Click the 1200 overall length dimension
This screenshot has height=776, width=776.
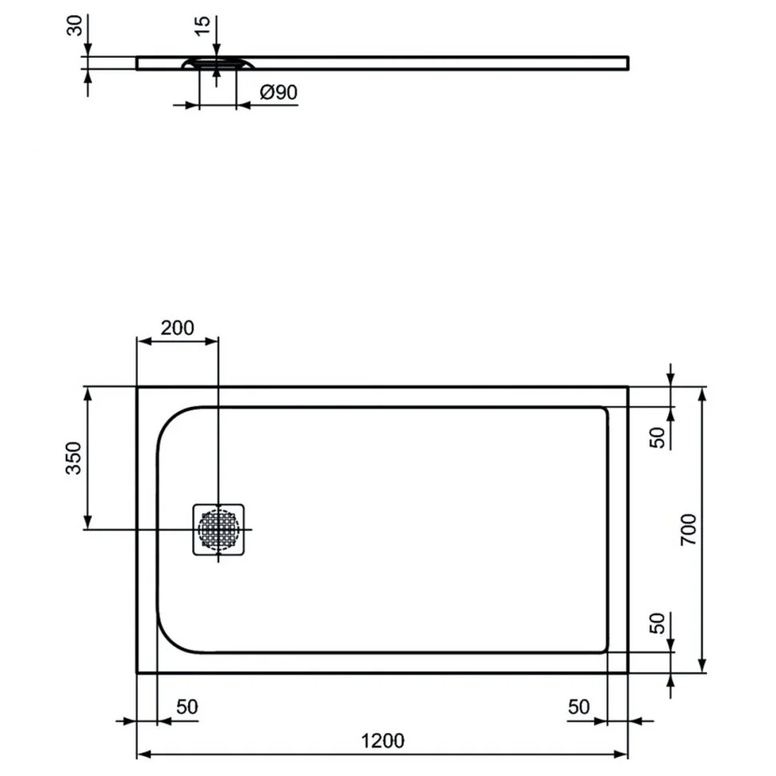point(382,741)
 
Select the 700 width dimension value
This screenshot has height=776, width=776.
point(689,530)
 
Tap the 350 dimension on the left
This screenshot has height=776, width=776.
point(74,458)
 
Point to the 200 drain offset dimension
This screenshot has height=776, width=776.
point(177,328)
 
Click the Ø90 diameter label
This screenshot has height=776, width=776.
point(278,92)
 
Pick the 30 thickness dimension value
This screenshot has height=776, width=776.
point(74,26)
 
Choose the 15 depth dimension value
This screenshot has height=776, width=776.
point(202,26)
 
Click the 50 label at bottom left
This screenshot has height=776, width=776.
point(187,706)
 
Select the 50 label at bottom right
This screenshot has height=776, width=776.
point(578,706)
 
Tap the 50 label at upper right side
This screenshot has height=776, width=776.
point(658,438)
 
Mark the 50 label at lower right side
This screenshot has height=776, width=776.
point(658,623)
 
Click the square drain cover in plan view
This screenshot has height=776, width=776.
point(218,530)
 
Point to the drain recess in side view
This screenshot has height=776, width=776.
point(218,63)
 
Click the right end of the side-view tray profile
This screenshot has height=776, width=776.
point(629,63)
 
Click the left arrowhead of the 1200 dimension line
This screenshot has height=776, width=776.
point(143,754)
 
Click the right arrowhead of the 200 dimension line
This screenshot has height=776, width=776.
point(211,341)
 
